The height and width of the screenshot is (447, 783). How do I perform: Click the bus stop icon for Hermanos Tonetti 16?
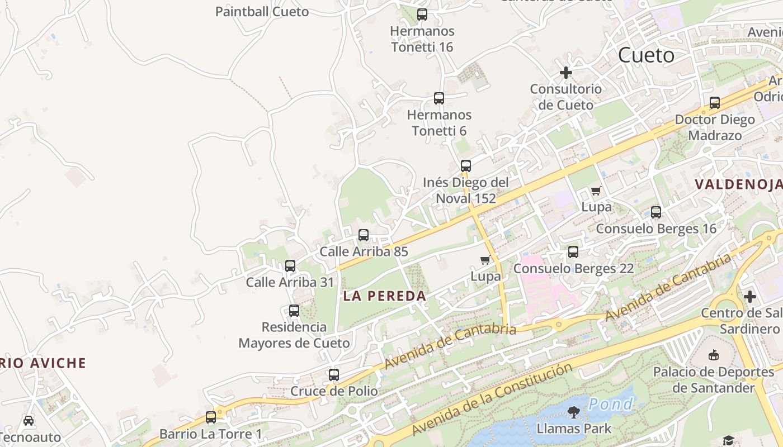coord(422,15)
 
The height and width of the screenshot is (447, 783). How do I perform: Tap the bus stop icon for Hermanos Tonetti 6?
coord(439,98)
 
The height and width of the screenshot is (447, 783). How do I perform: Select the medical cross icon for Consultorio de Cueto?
coord(566,73)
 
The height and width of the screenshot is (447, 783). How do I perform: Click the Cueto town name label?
coord(646,55)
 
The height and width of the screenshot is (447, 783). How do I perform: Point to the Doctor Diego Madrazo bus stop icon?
coord(715,103)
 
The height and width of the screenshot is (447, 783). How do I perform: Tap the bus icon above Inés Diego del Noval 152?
coord(466,166)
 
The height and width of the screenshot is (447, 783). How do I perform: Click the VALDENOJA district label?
coord(738,184)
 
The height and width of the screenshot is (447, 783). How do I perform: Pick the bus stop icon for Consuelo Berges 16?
coord(656,212)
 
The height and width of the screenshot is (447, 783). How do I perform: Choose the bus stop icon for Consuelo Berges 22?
coord(573,252)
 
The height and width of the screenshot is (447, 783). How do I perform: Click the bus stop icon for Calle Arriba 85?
coord(364,235)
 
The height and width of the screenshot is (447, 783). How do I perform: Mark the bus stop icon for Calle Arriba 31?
coord(290,266)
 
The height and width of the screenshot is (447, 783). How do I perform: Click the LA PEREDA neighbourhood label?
coord(385,296)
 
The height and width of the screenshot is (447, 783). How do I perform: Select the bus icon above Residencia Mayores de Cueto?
coord(294,311)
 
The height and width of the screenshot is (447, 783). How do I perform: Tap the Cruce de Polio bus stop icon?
coord(334,375)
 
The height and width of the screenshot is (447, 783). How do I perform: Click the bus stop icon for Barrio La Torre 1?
coord(211,417)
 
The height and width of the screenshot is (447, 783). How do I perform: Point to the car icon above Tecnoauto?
coord(29,420)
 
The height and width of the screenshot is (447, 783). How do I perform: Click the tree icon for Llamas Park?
coord(573,412)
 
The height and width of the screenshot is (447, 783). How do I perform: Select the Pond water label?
coord(611,404)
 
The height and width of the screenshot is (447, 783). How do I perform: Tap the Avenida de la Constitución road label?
coord(492,399)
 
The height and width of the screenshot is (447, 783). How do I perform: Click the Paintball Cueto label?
coord(262,11)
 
